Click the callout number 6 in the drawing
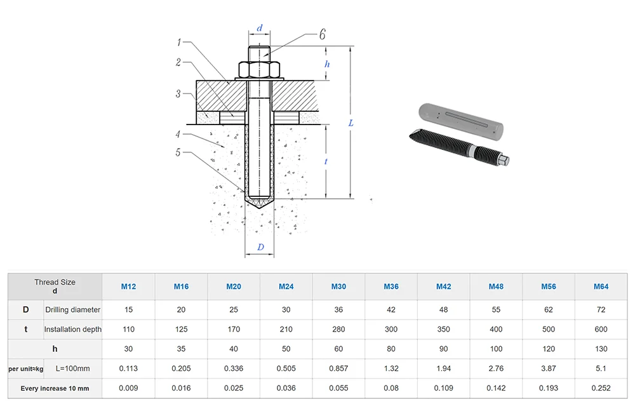322,34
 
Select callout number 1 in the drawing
180,43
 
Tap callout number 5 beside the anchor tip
178,152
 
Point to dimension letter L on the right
351,123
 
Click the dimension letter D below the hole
260,247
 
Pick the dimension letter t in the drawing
326,162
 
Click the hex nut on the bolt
260,69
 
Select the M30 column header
338,286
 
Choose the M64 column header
601,286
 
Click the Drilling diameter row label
72,310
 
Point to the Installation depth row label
72,329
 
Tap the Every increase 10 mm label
55,388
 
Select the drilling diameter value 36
338,310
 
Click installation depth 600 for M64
601,329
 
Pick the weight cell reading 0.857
338,368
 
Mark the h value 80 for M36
391,349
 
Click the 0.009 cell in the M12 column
128,388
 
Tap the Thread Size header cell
55,286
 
